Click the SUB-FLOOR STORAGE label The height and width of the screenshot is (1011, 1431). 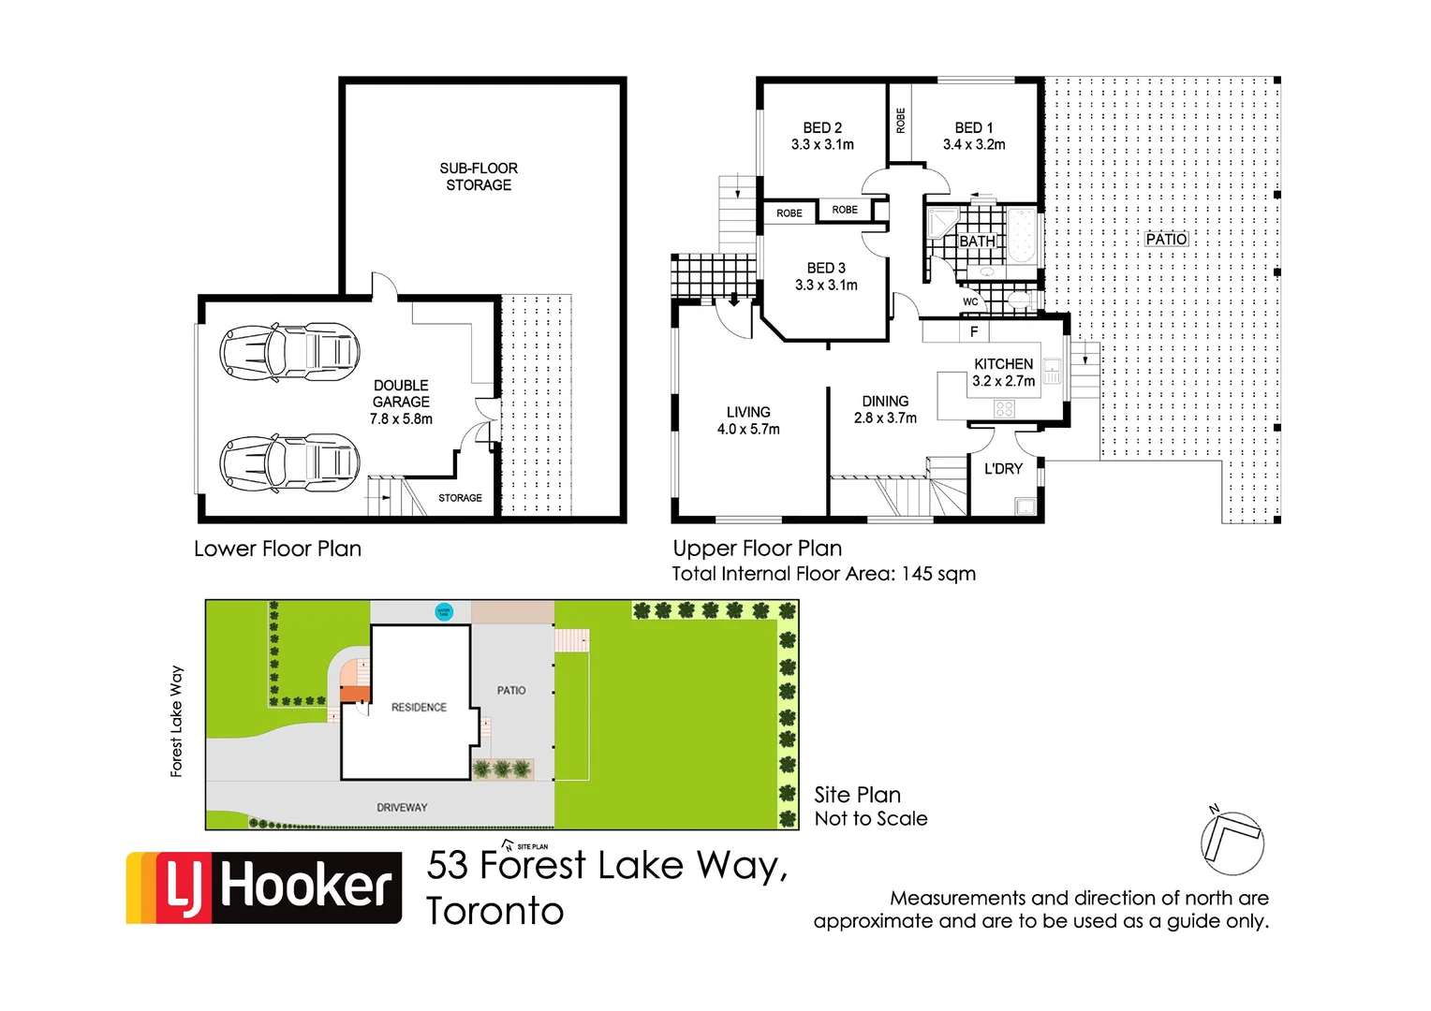(x=479, y=177)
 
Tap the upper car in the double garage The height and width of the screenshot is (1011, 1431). (x=289, y=353)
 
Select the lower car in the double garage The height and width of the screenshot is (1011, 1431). (x=289, y=462)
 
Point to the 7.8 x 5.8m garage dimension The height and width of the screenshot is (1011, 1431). (x=401, y=419)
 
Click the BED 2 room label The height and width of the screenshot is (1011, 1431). (x=822, y=127)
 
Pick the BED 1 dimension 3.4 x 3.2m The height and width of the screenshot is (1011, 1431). (x=974, y=145)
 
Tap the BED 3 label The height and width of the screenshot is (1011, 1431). (x=826, y=268)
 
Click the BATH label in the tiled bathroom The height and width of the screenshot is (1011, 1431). (x=977, y=242)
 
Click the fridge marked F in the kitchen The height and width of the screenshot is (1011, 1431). (x=974, y=331)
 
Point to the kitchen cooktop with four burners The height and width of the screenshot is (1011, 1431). (x=1004, y=409)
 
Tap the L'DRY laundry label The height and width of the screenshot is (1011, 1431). (x=1003, y=469)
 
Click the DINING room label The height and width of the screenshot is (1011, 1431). (x=885, y=401)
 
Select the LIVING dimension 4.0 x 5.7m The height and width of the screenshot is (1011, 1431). (x=748, y=430)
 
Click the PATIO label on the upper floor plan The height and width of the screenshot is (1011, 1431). (x=1166, y=240)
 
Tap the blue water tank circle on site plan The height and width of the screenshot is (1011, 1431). (x=444, y=612)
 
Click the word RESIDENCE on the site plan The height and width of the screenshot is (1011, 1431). (x=419, y=708)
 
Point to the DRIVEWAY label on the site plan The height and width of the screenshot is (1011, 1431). (x=402, y=807)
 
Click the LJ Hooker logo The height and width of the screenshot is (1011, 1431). (x=264, y=887)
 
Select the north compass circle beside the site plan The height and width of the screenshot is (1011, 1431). (x=1232, y=843)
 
